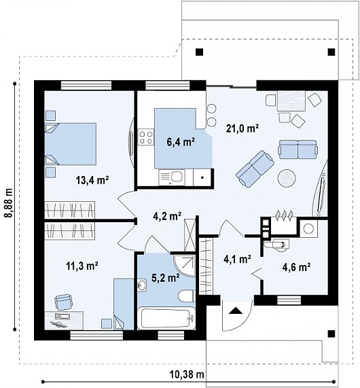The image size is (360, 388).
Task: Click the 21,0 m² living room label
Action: click(242, 128)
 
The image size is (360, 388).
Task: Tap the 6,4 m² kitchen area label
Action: click(181, 142)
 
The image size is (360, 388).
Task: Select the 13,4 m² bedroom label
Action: click(92, 180)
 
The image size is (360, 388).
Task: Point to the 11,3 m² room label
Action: click(82, 266)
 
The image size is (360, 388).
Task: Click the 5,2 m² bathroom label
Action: click(166, 278)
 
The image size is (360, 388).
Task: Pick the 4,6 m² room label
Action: click(296, 267)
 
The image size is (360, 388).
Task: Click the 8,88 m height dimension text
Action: click(9, 203)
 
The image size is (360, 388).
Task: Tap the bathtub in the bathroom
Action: click(166, 319)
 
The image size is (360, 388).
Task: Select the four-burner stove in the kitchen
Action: click(146, 137)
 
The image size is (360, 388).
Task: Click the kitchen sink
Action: click(172, 177)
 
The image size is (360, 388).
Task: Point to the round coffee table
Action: click(287, 178)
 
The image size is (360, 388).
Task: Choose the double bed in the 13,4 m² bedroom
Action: click(71, 144)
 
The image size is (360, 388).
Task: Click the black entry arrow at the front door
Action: click(235, 311)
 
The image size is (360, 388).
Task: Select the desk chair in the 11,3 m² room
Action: click(64, 302)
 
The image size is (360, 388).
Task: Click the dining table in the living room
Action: click(291, 101)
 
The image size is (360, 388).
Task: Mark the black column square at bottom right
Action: click(331, 334)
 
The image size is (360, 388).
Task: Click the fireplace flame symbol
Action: click(285, 215)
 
